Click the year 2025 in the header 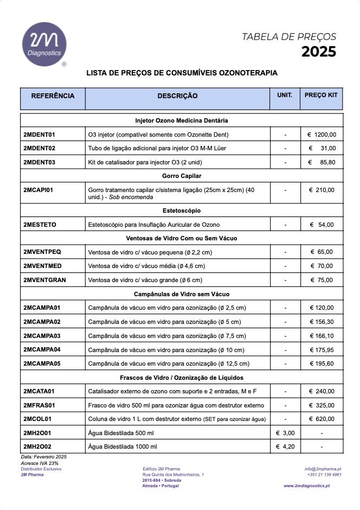click(319, 52)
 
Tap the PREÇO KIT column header click(321, 95)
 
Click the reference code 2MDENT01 click(40, 135)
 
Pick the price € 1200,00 click(322, 135)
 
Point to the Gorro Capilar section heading click(182, 176)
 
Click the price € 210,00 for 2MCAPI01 click(322, 190)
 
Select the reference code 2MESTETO click(40, 225)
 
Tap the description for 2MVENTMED click(146, 266)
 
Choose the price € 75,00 click(322, 280)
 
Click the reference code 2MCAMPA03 click(42, 336)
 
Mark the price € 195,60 click(322, 364)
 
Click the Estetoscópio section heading click(182, 211)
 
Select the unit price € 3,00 click(285, 433)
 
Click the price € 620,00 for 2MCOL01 click(322, 419)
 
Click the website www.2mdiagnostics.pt click(306, 486)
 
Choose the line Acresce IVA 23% click(40, 463)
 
